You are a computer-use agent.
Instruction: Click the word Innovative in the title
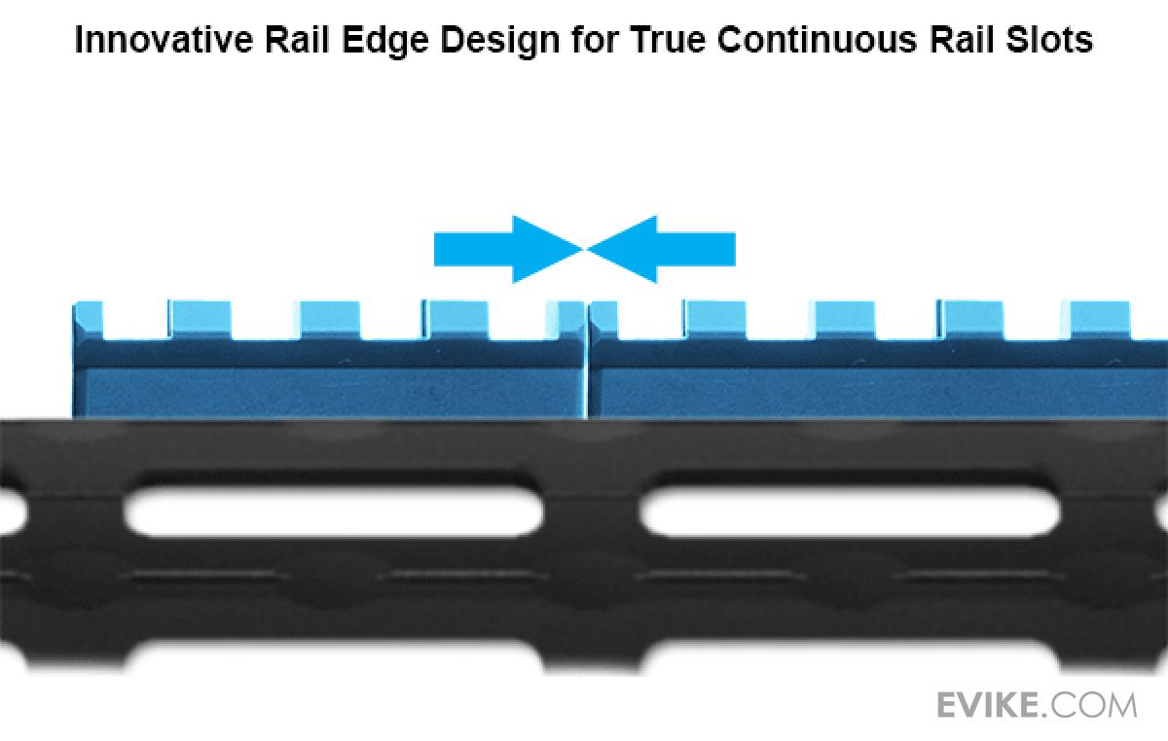tap(152, 41)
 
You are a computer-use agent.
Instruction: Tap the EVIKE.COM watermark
tap(1036, 704)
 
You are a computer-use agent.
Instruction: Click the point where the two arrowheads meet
tap(584, 249)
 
